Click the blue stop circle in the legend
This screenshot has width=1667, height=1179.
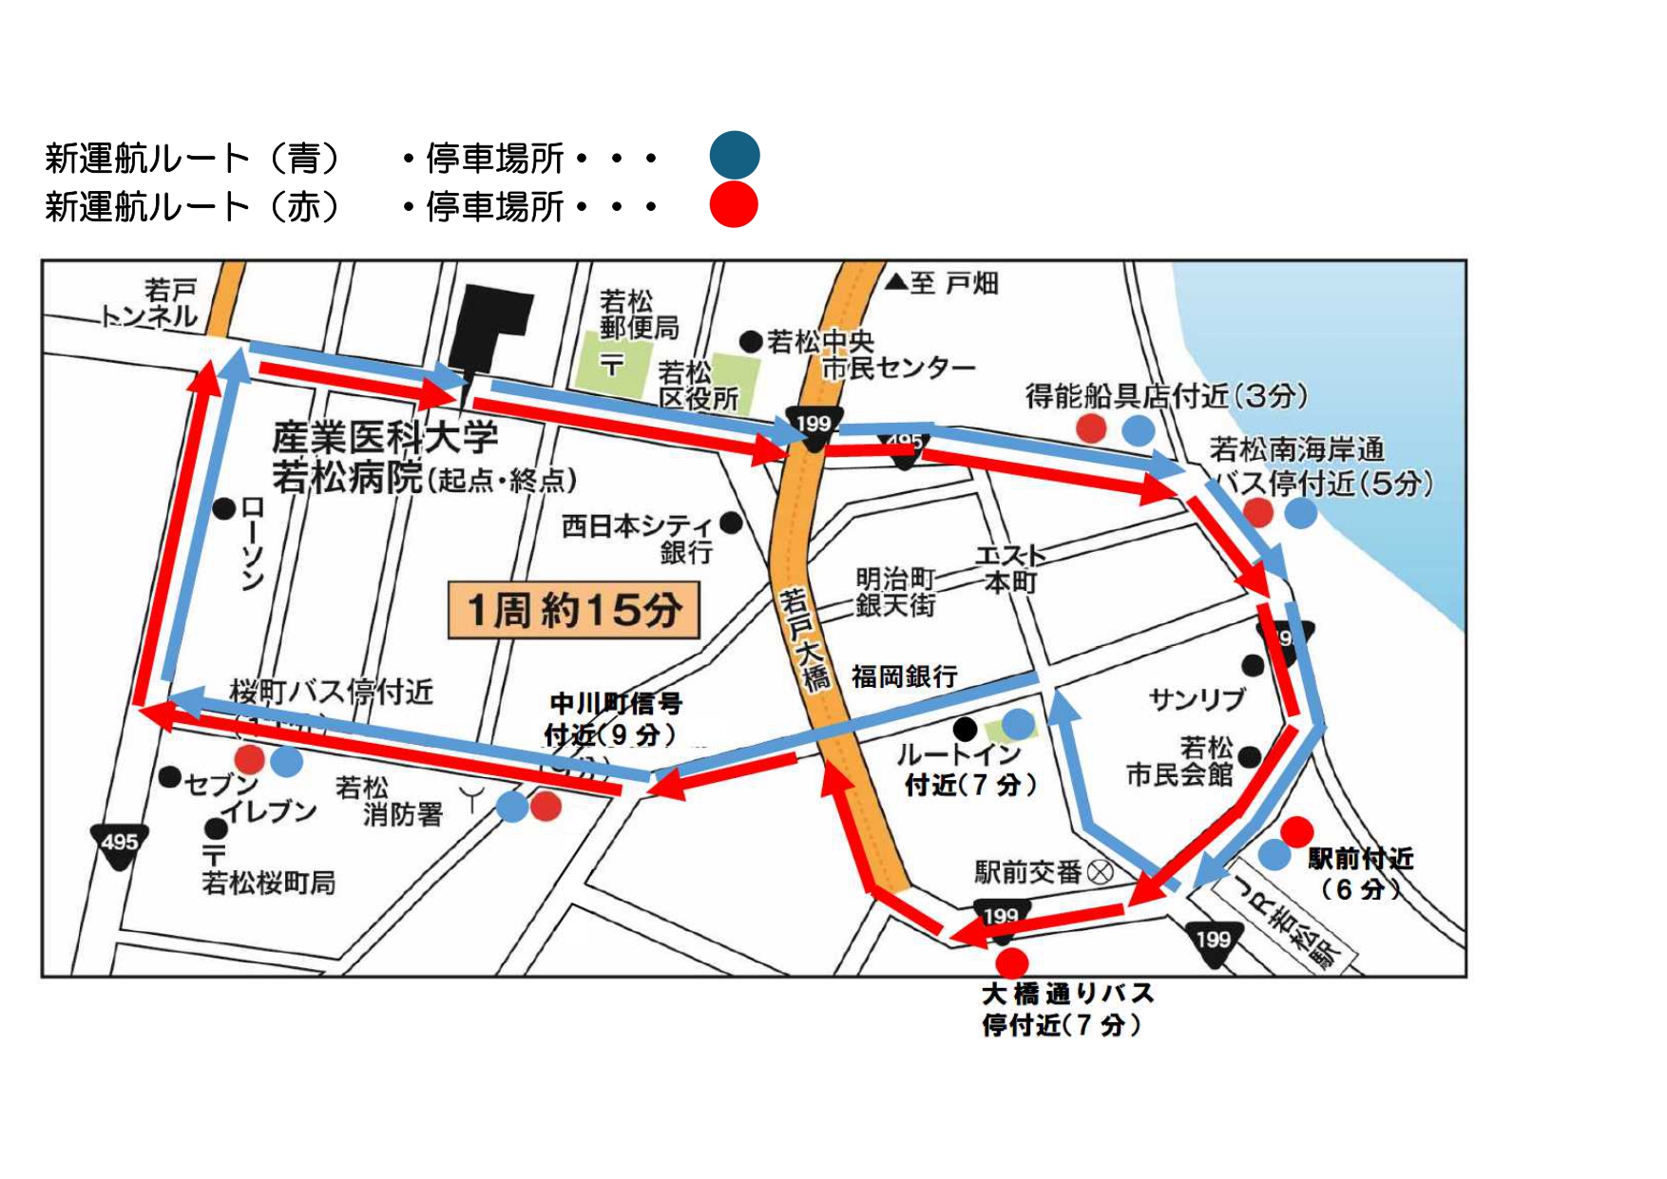point(734,156)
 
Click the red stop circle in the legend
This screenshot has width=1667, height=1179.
point(734,204)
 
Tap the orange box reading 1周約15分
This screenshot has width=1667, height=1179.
point(574,610)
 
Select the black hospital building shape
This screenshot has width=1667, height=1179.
point(490,329)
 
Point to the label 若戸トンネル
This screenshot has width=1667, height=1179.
point(152,303)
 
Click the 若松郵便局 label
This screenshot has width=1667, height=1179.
point(638,314)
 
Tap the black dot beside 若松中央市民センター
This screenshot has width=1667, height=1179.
point(751,341)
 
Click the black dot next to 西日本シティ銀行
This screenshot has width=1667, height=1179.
point(731,523)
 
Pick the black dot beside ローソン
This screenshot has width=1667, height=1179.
point(224,509)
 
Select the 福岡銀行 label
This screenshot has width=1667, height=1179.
point(904,676)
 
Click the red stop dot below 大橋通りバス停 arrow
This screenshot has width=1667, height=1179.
point(1012,961)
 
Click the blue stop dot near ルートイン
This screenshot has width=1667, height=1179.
point(1018,724)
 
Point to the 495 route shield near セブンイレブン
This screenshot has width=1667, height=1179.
point(119,846)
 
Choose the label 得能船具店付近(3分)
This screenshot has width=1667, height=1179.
point(1166,395)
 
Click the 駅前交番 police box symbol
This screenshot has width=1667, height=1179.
point(1100,872)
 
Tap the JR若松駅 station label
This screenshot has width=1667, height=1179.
point(1287,922)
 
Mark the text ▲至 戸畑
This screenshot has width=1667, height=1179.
point(942,283)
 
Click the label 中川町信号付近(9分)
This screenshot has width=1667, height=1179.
point(614,719)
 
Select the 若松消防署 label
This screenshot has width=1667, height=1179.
point(389,801)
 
